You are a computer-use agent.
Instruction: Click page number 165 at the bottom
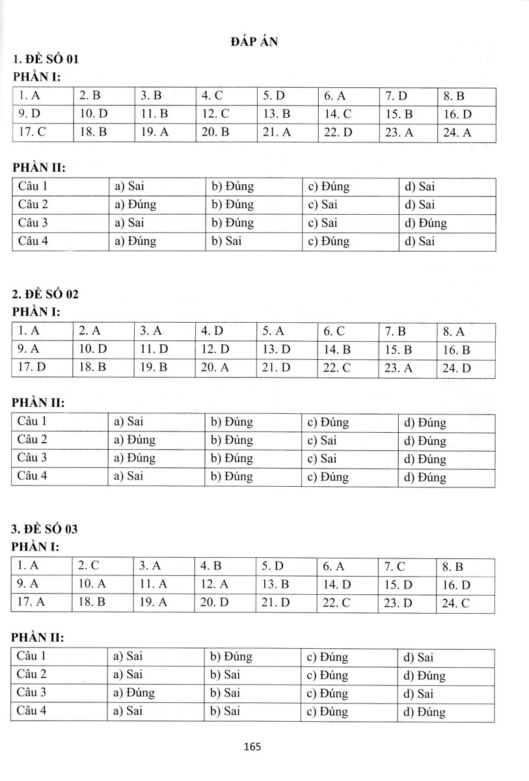(x=253, y=747)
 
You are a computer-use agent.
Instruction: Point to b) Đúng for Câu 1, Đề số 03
(x=231, y=657)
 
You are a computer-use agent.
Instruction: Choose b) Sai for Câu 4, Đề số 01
(x=224, y=241)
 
